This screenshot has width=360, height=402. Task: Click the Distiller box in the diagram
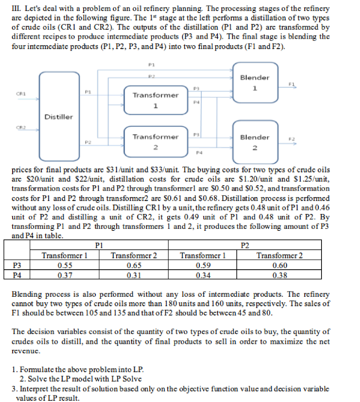58,117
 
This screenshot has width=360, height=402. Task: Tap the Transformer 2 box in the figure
155,142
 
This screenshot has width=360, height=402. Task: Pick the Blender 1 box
255,83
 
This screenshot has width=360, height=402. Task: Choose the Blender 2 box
255,142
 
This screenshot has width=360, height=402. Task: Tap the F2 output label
291,139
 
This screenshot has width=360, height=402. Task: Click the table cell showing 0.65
134,265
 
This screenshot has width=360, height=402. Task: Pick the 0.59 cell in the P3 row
203,265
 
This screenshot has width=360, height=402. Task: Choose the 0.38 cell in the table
279,275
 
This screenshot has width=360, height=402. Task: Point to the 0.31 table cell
134,275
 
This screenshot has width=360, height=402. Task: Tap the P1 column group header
99,246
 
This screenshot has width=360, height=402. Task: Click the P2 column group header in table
245,246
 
